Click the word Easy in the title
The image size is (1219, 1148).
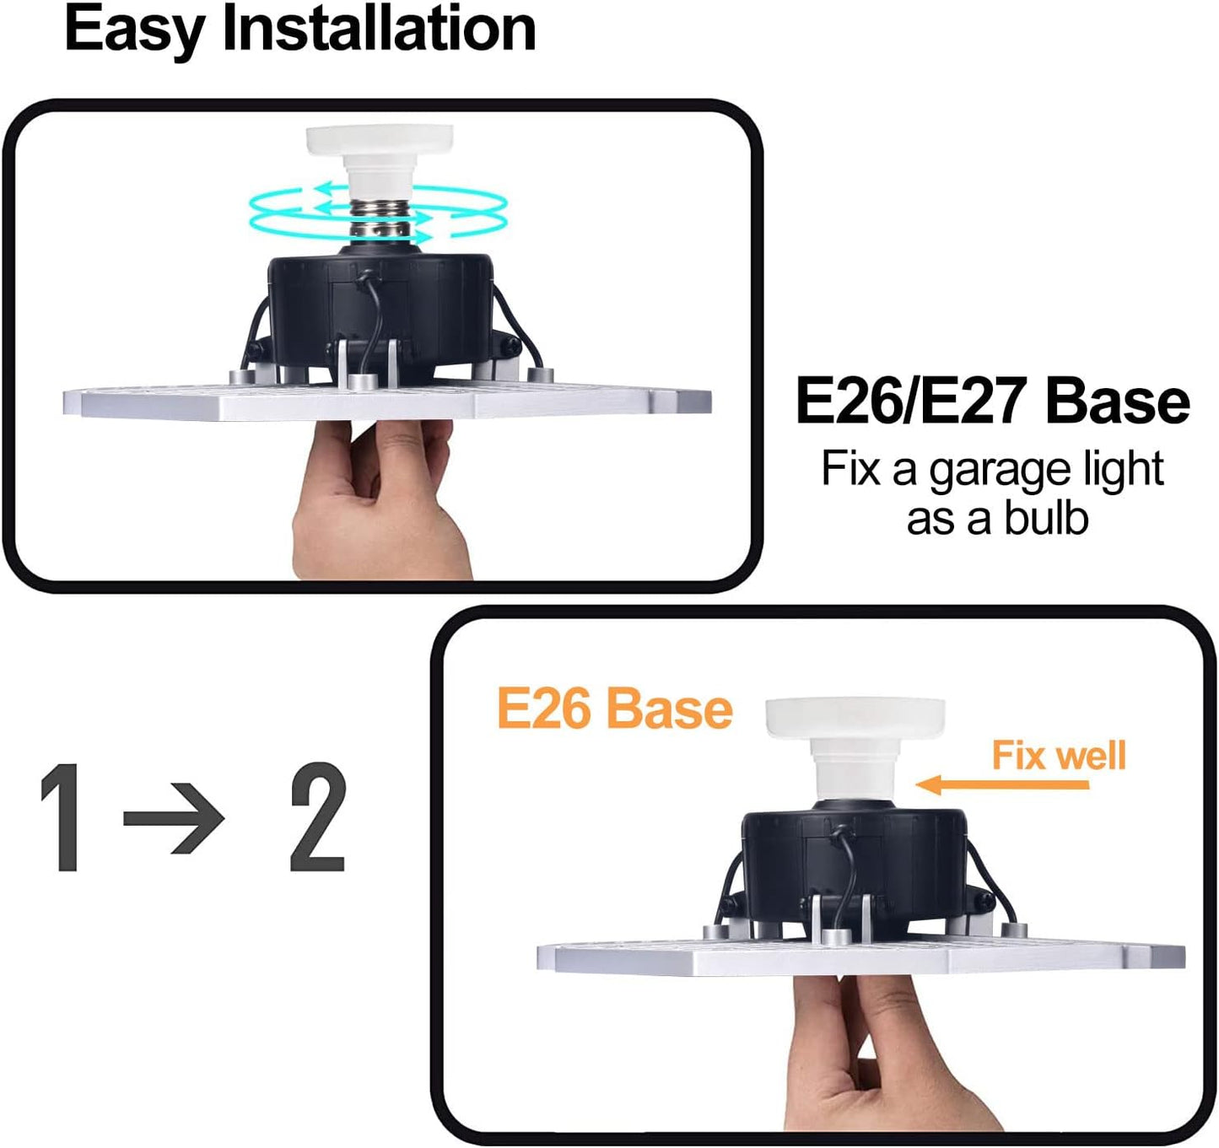(135, 30)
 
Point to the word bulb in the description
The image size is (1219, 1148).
(1046, 518)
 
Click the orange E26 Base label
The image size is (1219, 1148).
(614, 709)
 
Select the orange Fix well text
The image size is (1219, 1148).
(1059, 755)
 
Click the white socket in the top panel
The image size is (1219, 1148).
(380, 156)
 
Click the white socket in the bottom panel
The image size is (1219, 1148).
(854, 742)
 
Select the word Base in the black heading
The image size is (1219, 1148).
(1117, 402)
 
